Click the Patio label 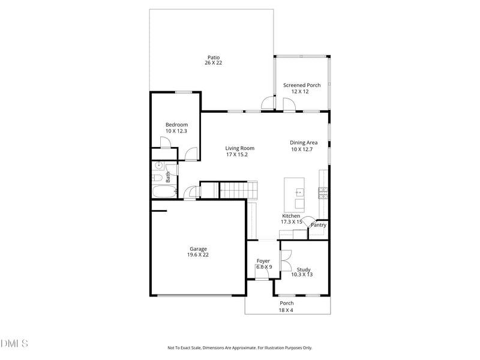click(214, 58)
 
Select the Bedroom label click(176, 125)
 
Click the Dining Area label click(304, 143)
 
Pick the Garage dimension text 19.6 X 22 click(198, 255)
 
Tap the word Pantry click(319, 225)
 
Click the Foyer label click(263, 261)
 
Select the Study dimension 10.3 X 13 click(302, 275)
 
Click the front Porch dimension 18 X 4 click(286, 310)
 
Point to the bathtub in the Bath click(164, 192)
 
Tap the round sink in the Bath click(160, 166)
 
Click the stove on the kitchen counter click(323, 192)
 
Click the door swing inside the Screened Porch click(289, 104)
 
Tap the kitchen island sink click(299, 193)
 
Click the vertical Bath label click(169, 177)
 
